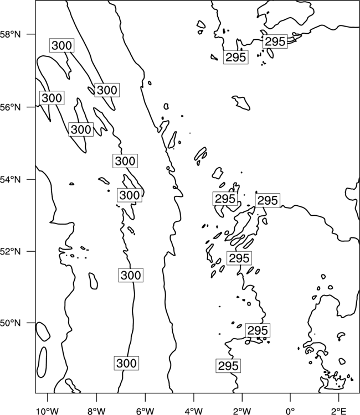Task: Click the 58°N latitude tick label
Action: [11, 34]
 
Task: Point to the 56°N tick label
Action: [11, 107]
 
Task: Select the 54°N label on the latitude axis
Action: [11, 180]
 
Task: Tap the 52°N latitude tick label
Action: [11, 251]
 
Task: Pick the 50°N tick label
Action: [11, 323]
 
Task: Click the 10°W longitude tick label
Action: [48, 411]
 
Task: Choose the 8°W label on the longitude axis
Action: [96, 411]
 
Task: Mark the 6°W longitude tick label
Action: [145, 411]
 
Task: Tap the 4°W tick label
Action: [194, 411]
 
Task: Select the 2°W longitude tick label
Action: [242, 411]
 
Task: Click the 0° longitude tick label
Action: [290, 411]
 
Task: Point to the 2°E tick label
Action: [339, 411]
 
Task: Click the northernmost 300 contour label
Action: [61, 45]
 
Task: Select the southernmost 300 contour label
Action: [126, 363]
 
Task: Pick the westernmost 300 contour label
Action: [52, 98]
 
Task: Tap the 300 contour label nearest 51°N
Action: [131, 275]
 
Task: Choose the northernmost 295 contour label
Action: [275, 41]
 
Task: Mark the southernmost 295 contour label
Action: [228, 366]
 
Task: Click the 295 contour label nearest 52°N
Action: [239, 258]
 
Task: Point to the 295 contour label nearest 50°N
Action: [258, 330]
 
